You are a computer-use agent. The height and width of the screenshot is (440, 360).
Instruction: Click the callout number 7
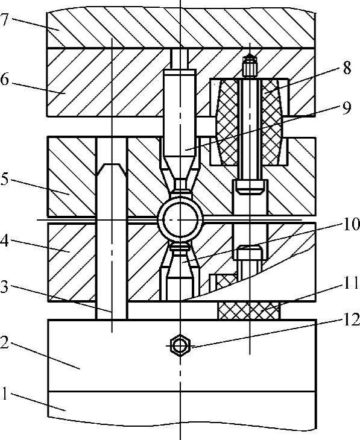[x=4, y=19]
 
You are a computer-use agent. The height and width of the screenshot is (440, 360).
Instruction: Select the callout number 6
[x=4, y=80]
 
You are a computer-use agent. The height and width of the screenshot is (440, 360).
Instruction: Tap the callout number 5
[x=4, y=179]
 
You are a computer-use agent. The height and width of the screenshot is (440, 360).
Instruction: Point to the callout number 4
[x=4, y=240]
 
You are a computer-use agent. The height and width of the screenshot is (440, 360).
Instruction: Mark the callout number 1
[x=4, y=393]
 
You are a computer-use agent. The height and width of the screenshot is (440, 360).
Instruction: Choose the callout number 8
[x=347, y=68]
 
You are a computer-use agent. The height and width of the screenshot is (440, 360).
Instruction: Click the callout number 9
[x=347, y=107]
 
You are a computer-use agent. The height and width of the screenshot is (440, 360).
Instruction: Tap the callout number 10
[x=352, y=224]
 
